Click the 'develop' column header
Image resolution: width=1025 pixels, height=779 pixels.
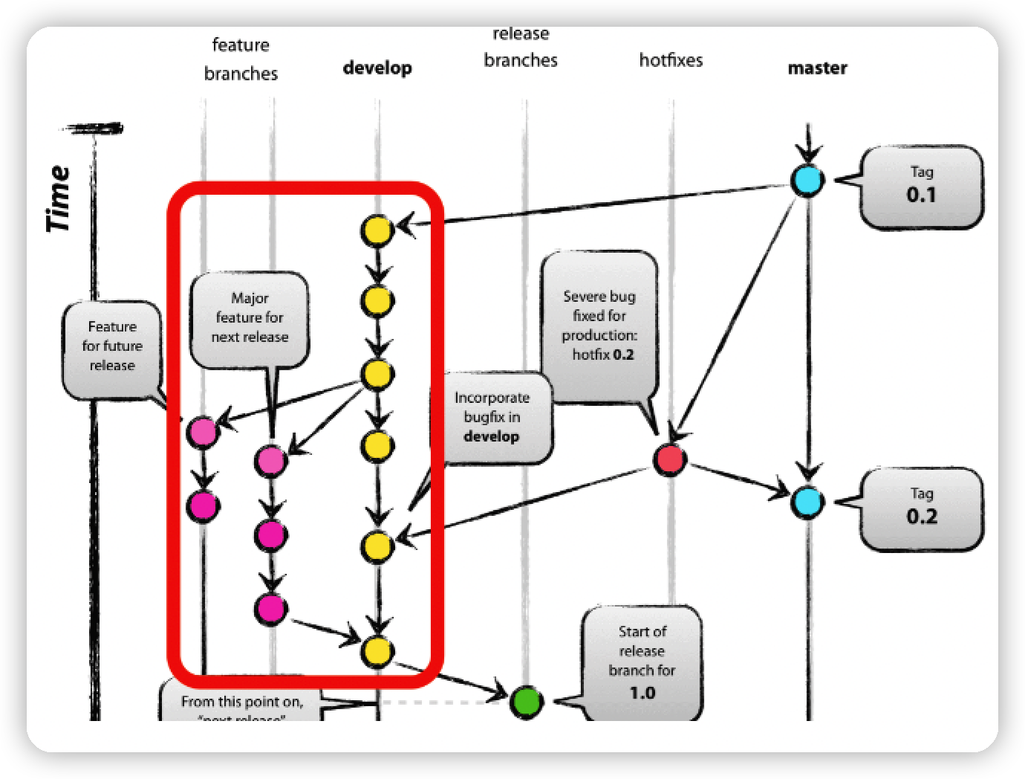[x=377, y=68]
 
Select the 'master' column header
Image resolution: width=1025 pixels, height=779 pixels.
[x=817, y=68]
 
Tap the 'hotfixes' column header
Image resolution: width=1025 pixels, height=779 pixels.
[x=671, y=60]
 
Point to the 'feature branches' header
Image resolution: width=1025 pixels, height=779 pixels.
[x=241, y=59]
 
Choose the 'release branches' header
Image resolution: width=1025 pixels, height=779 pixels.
[x=521, y=48]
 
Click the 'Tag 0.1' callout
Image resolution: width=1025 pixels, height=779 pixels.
[x=922, y=185]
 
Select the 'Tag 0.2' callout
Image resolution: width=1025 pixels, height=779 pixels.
[x=922, y=508]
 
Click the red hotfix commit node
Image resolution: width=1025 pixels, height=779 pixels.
[x=670, y=459]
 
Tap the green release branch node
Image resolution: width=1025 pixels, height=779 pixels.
[x=526, y=700]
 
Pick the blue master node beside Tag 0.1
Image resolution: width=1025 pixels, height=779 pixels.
[x=807, y=180]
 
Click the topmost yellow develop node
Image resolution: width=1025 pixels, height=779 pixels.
[x=377, y=230]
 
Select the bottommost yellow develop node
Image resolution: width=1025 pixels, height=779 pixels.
[x=377, y=651]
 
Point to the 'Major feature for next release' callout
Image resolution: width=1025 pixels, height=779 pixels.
[x=250, y=318]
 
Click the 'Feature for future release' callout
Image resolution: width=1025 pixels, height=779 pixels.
[x=112, y=347]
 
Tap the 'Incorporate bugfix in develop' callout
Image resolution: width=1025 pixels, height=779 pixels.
[x=492, y=417]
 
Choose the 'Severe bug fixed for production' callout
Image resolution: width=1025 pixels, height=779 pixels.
[x=600, y=326]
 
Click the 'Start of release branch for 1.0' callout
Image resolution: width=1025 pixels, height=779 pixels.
[x=642, y=662]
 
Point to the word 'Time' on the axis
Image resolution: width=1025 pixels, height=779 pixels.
[x=59, y=198]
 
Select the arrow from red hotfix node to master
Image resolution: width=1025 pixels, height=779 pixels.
[x=738, y=480]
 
